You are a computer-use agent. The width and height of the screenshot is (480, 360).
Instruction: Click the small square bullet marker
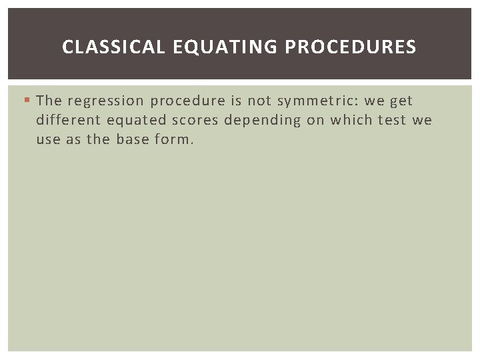(27, 101)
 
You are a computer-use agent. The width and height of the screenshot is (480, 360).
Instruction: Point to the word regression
(105, 101)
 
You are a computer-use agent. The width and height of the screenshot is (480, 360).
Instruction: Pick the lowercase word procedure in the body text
(188, 101)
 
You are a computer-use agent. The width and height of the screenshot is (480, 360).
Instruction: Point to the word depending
(263, 121)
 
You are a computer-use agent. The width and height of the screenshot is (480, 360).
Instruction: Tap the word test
(393, 121)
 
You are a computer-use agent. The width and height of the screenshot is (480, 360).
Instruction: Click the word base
(131, 140)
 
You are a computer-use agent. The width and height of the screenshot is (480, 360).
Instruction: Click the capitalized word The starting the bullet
(49, 101)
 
